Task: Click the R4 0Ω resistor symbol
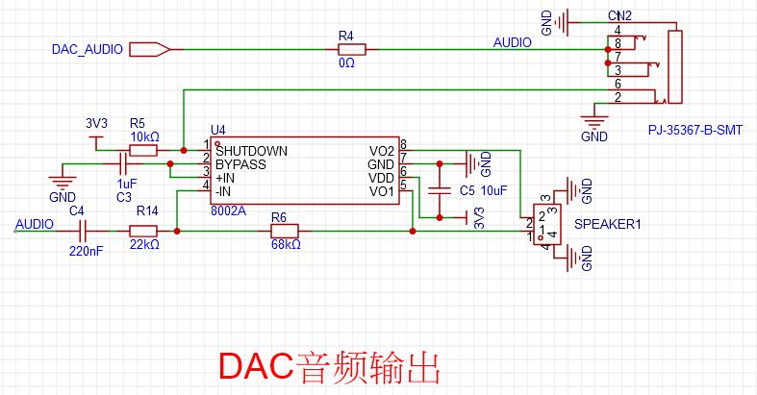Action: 346,49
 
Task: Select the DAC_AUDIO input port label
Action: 87,49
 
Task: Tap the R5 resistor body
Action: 143,150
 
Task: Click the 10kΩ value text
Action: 143,136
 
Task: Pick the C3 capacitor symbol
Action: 122,164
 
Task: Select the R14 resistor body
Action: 143,231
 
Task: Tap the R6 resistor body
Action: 284,231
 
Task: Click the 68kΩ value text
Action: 286,245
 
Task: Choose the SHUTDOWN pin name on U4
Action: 251,151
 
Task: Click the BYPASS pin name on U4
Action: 240,164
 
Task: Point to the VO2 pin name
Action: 381,151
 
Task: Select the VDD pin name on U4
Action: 382,178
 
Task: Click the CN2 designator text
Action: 619,16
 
